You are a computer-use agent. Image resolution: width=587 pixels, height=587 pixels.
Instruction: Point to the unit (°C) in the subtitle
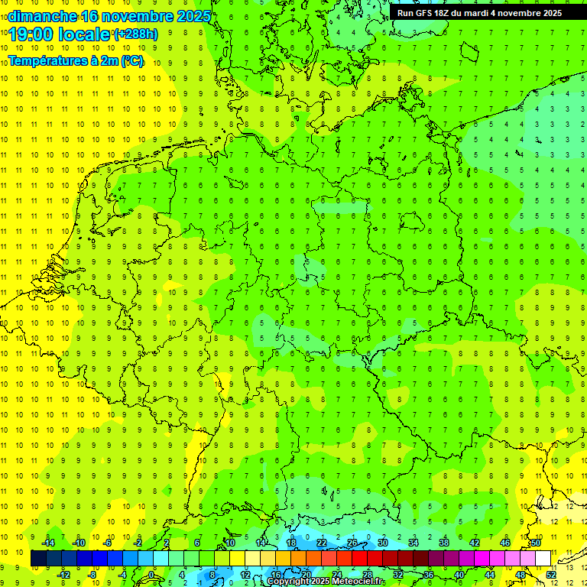(131, 60)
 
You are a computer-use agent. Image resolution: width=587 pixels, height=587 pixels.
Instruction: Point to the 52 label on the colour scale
(551, 574)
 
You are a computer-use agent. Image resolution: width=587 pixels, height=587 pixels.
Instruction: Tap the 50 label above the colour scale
(536, 543)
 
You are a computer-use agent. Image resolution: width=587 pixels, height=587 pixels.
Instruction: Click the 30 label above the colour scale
(383, 543)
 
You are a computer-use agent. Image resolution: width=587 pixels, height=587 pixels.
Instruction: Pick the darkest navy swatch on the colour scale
(38, 558)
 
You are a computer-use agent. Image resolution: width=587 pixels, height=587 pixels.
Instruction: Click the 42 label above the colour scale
(475, 543)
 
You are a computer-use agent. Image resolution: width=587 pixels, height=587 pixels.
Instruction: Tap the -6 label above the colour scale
(109, 543)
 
